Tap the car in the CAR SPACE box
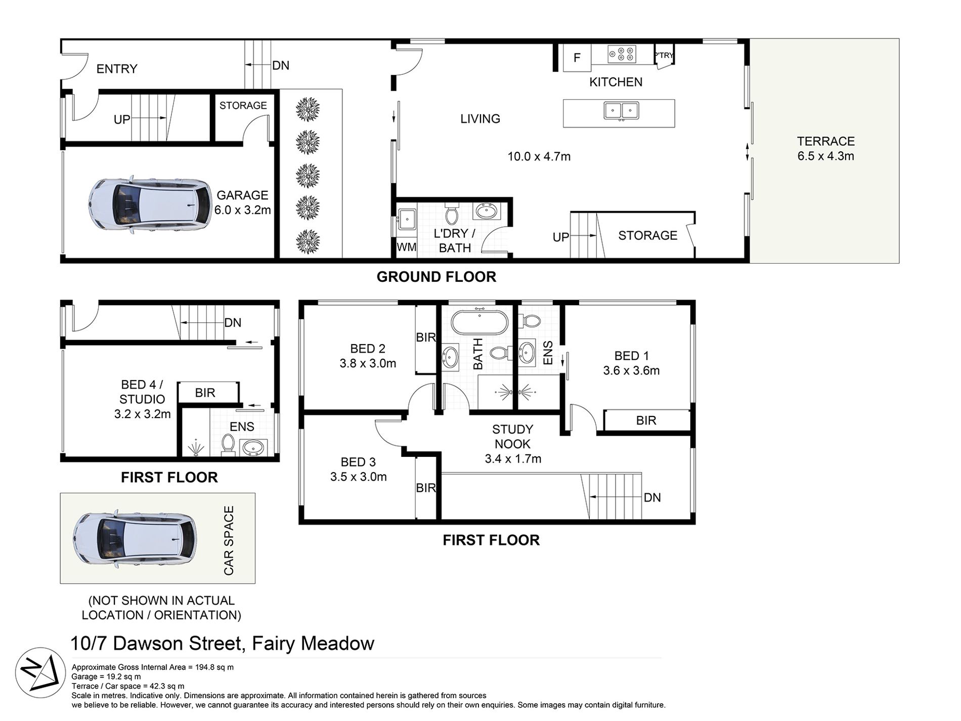coord(135,537)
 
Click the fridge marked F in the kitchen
coord(577,58)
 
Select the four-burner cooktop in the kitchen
coord(622,54)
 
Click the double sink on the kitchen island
coord(621,110)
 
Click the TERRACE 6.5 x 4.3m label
coord(825,149)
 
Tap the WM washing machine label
coord(407,247)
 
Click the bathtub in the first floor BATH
coord(478,322)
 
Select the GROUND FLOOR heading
coord(436,277)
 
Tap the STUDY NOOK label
coord(512,437)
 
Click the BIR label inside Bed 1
coord(646,420)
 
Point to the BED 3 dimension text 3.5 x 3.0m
coord(358,477)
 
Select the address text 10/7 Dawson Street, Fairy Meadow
coord(223,644)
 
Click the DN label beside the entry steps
coord(280,65)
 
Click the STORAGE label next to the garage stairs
coord(243,105)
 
